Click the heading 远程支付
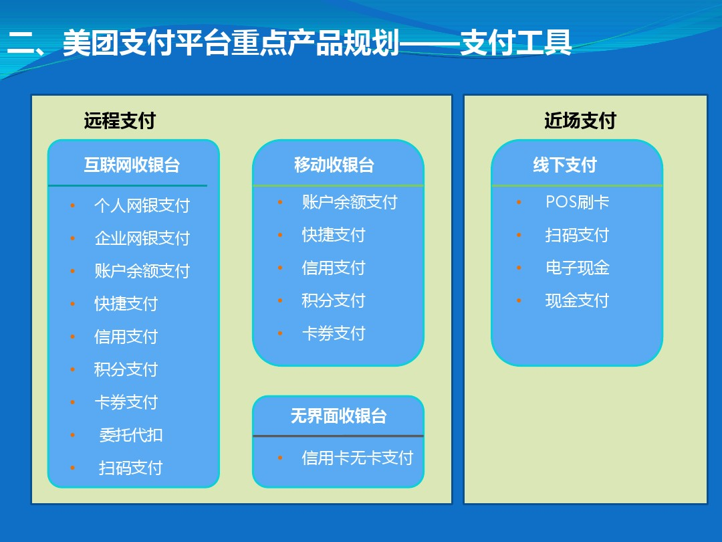point(120,120)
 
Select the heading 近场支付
point(580,120)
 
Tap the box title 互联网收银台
point(132,165)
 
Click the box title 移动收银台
point(334,165)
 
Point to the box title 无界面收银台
point(338,416)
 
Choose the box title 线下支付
point(565,165)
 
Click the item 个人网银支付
point(142,205)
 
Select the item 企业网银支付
point(142,238)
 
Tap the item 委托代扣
point(131,435)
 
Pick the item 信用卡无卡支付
point(357,458)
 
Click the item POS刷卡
point(578,202)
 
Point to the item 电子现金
point(578,268)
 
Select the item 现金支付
point(578,300)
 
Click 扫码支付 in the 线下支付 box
point(578,235)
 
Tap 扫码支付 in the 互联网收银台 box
point(131,468)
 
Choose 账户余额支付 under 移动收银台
point(350,202)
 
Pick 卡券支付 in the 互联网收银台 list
point(126,402)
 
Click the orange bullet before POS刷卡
point(519,202)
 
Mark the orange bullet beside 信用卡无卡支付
point(280,458)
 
